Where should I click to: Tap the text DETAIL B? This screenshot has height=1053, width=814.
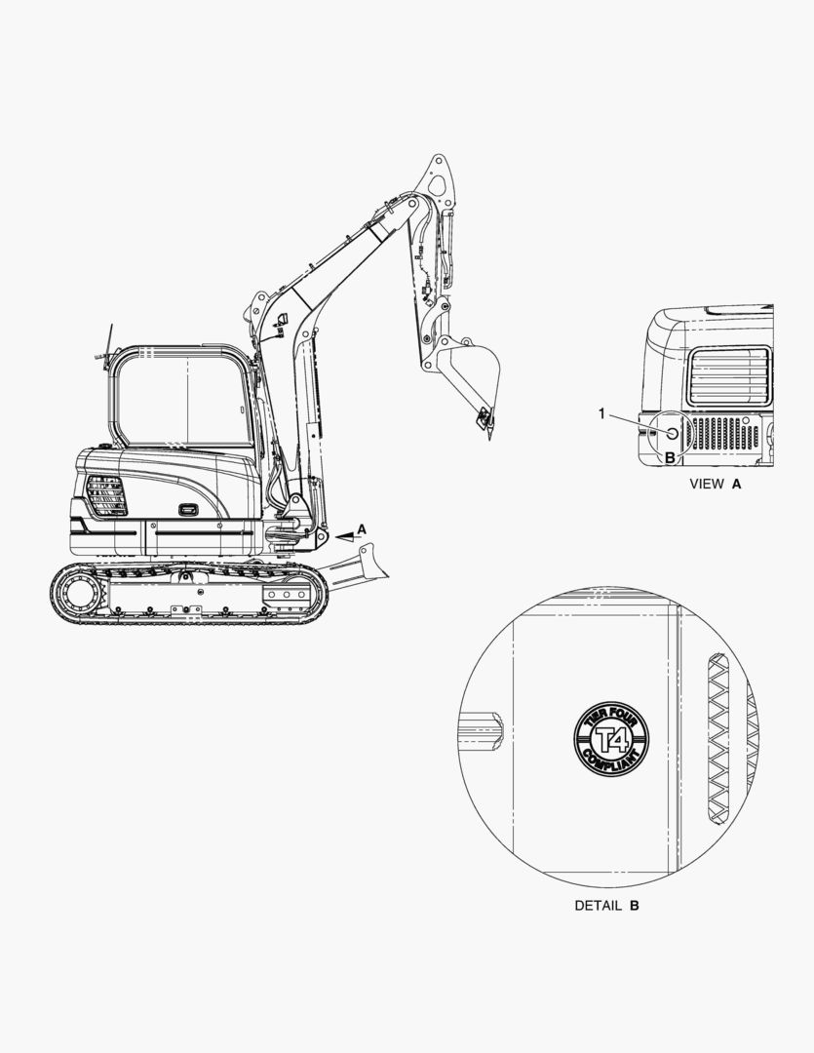pyautogui.click(x=606, y=905)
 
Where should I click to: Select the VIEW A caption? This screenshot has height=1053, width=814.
pyautogui.click(x=716, y=484)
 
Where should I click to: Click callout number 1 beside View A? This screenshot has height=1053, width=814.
pyautogui.click(x=601, y=413)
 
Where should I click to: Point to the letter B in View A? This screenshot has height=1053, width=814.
pyautogui.click(x=669, y=458)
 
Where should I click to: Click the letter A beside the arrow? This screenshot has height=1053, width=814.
pyautogui.click(x=362, y=529)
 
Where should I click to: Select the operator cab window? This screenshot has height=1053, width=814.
pyautogui.click(x=181, y=400)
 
